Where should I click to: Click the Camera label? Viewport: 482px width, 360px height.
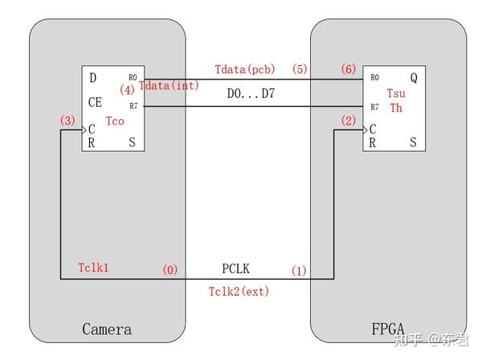pyautogui.click(x=107, y=329)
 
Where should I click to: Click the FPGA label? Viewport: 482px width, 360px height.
pyautogui.click(x=388, y=329)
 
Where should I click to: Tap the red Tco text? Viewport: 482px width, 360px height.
pyautogui.click(x=115, y=121)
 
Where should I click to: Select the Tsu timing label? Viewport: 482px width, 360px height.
pyautogui.click(x=396, y=93)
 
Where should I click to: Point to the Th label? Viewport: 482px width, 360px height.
pyautogui.click(x=396, y=108)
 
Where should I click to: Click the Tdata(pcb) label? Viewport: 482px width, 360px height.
pyautogui.click(x=245, y=69)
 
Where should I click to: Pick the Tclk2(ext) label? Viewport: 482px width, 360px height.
pyautogui.click(x=239, y=292)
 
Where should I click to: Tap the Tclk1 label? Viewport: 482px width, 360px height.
pyautogui.click(x=93, y=268)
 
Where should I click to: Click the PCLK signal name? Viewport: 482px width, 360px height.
pyautogui.click(x=235, y=268)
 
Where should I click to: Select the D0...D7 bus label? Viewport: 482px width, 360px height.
pyautogui.click(x=251, y=93)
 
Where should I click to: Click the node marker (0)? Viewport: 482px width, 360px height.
pyautogui.click(x=170, y=270)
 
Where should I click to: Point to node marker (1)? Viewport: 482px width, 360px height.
pyautogui.click(x=299, y=271)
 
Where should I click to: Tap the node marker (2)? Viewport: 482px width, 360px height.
pyautogui.click(x=349, y=121)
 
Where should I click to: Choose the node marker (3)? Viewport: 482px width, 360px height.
pyautogui.click(x=67, y=121)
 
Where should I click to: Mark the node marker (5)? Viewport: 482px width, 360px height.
pyautogui.click(x=300, y=69)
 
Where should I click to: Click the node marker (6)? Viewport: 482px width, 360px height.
pyautogui.click(x=349, y=69)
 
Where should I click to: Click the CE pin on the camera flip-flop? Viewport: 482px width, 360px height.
pyautogui.click(x=95, y=102)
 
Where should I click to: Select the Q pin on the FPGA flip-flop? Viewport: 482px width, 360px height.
pyautogui.click(x=414, y=77)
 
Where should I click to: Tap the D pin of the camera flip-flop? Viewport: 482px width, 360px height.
pyautogui.click(x=93, y=77)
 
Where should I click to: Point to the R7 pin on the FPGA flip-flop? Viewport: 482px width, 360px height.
pyautogui.click(x=374, y=107)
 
